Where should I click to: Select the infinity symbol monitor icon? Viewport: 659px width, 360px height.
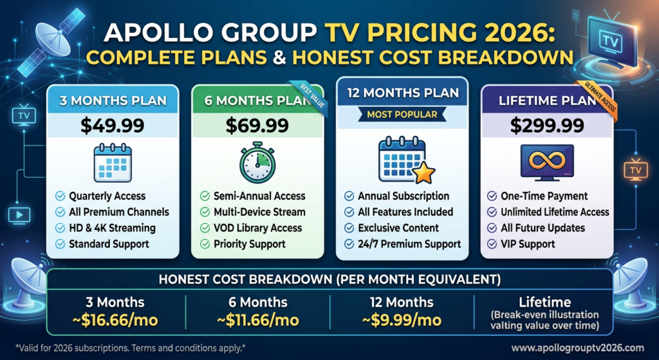(548, 161)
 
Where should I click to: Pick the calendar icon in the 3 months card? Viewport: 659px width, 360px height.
(113, 162)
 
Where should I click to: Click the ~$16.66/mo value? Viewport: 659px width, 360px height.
(112, 319)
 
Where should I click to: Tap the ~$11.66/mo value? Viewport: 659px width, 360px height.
(257, 319)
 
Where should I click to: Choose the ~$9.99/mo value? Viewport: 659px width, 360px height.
(402, 319)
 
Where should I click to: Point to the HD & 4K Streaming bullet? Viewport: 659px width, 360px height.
(112, 228)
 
